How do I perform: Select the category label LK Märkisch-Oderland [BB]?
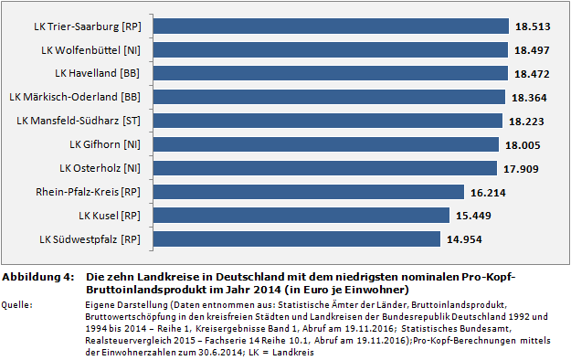(75, 96)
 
